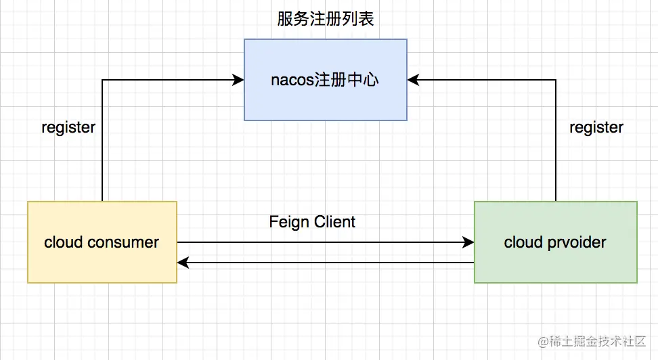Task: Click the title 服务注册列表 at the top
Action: click(x=326, y=19)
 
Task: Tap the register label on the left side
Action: click(x=68, y=127)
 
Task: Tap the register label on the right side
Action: click(x=596, y=127)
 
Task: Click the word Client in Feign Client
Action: click(x=334, y=221)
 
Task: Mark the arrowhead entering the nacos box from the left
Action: click(x=238, y=80)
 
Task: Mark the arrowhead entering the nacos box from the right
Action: click(x=414, y=80)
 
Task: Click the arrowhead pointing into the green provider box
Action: click(x=468, y=242)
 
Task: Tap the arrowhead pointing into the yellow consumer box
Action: click(x=183, y=262)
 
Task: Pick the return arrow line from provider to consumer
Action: click(x=325, y=262)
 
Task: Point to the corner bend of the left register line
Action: click(x=102, y=80)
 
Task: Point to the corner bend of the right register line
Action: click(x=556, y=80)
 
